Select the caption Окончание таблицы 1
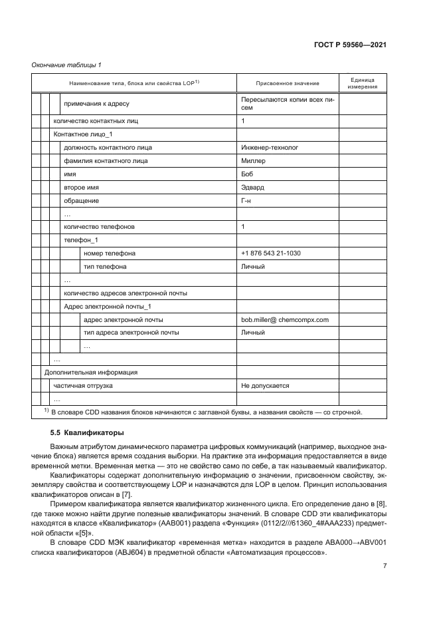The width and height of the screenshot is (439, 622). point(66,65)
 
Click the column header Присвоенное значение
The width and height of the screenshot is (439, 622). point(287,83)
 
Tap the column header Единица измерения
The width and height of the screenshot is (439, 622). point(361,83)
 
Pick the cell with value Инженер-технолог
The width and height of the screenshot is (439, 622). point(270,148)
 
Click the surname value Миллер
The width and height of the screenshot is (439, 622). point(254,161)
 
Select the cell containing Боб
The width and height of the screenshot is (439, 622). point(248,174)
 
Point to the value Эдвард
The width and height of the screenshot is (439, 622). point(254,188)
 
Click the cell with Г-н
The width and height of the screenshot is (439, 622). point(248,201)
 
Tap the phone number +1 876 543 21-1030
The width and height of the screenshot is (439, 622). point(271,253)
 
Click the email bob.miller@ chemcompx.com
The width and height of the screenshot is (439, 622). point(285,319)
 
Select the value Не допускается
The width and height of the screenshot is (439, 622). point(265,386)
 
